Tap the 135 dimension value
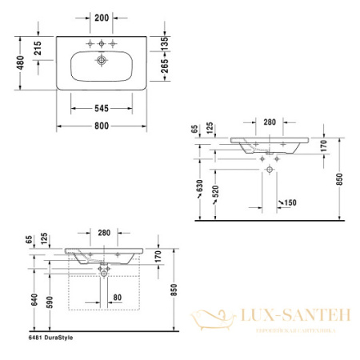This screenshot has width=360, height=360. point(166,43)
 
